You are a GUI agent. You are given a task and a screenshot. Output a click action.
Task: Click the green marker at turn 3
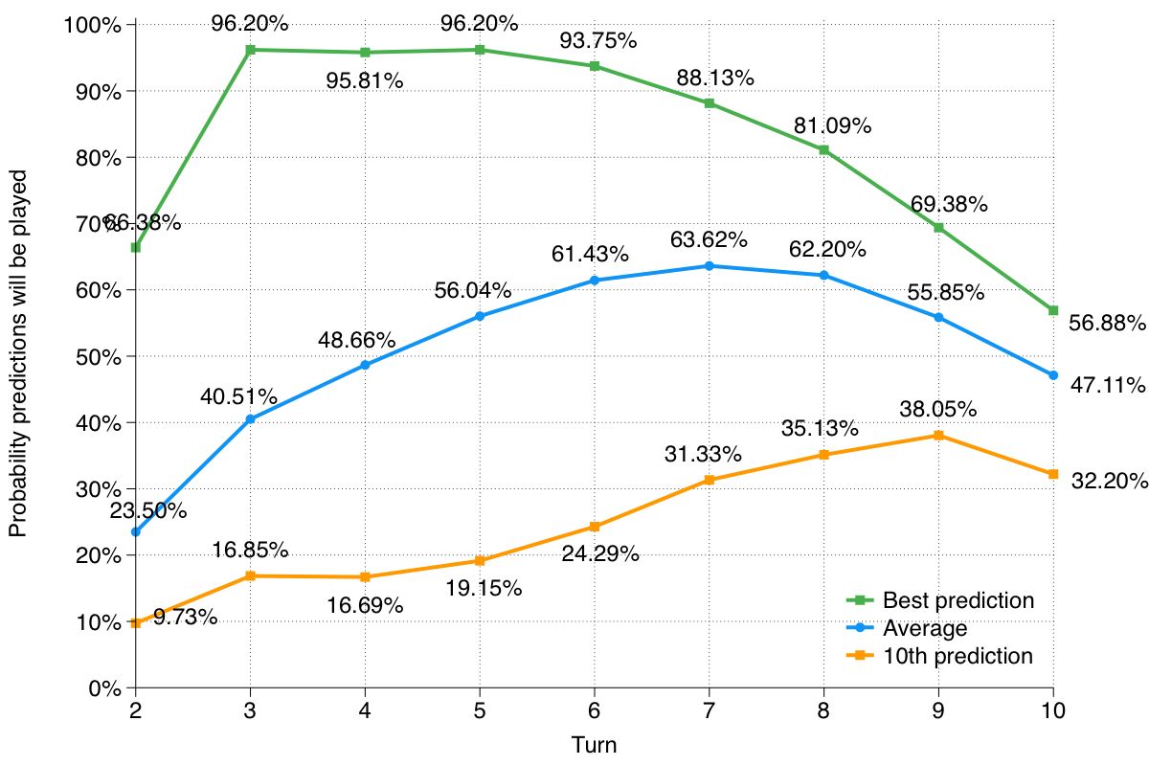250,50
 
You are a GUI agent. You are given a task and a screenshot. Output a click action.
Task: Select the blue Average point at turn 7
710,265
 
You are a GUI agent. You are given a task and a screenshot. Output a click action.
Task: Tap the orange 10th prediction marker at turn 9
938,436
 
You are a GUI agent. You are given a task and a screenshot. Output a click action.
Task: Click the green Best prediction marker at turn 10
1053,310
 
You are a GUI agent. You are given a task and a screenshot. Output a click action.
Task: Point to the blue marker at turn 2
135,531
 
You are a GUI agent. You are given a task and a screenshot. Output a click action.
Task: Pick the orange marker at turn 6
595,527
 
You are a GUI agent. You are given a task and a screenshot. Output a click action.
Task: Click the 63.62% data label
710,239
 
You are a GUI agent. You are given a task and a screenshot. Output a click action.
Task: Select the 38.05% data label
937,410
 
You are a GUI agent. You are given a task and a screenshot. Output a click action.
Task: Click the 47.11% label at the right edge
1107,386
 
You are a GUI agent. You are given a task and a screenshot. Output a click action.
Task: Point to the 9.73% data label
185,618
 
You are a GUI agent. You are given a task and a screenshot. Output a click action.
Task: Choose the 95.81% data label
365,81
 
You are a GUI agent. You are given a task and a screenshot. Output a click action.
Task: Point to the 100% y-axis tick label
93,25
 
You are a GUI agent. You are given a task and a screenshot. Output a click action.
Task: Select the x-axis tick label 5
480,711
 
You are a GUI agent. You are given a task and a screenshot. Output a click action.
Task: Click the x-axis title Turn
594,745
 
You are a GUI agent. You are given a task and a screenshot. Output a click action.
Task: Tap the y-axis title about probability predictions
18,354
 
